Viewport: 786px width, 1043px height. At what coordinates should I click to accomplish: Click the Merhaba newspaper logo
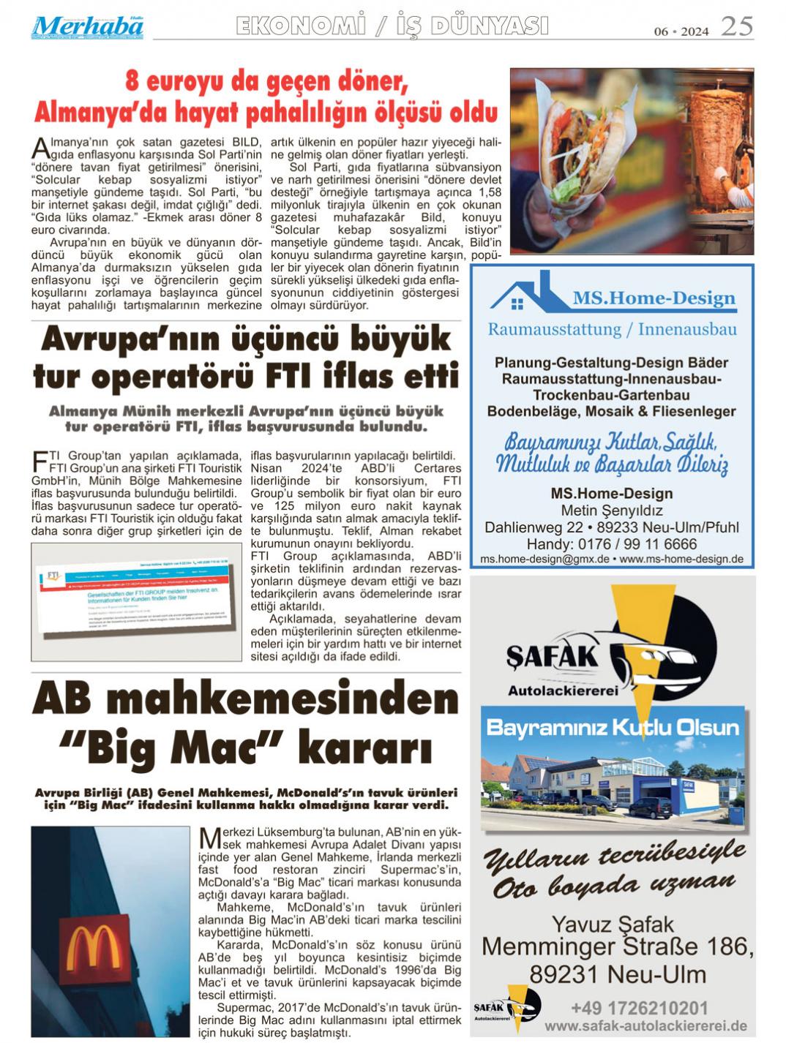pyautogui.click(x=87, y=27)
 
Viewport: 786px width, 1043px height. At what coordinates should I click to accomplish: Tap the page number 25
pyautogui.click(x=736, y=27)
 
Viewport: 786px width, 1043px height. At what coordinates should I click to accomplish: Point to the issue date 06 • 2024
pyautogui.click(x=681, y=31)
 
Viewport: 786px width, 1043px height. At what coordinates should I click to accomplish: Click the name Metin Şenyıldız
pyautogui.click(x=611, y=511)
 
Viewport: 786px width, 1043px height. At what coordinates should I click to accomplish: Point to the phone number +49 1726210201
pyautogui.click(x=639, y=1008)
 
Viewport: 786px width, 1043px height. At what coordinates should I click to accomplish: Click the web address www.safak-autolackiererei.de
pyautogui.click(x=645, y=1026)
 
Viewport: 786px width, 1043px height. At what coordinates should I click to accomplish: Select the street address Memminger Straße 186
pyautogui.click(x=617, y=948)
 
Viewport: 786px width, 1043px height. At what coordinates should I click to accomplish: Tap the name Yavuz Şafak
pyautogui.click(x=613, y=924)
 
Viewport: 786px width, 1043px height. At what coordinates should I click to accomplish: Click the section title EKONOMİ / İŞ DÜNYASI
pyautogui.click(x=392, y=26)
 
